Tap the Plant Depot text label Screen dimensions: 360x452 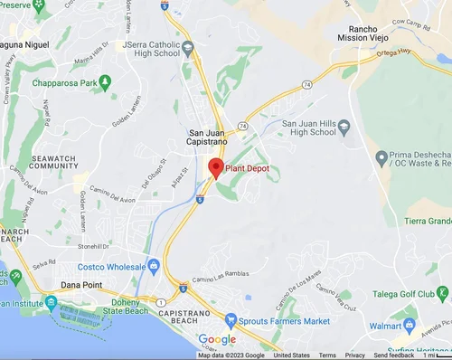coord(248,168)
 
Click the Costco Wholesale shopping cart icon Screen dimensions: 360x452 coord(154,265)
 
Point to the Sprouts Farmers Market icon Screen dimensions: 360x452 coord(231,319)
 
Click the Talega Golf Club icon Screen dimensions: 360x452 coord(443,292)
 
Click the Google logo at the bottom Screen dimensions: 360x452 coord(217,339)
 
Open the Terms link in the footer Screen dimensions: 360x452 coord(327,355)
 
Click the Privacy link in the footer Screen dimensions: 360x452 coord(355,355)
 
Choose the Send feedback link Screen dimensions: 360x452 coord(393,355)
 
